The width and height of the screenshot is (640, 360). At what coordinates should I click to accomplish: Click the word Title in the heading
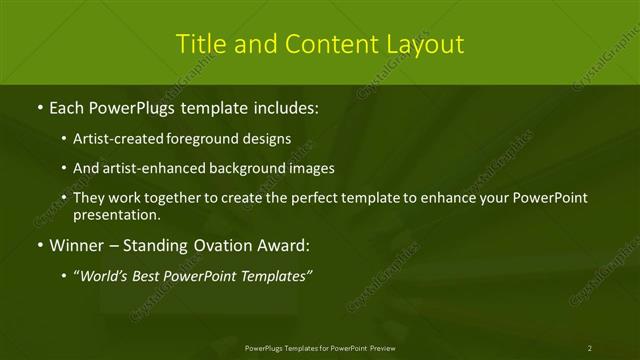[198, 44]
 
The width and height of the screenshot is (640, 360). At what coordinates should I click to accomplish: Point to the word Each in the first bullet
[66, 106]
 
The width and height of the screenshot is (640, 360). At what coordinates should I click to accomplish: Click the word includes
[284, 106]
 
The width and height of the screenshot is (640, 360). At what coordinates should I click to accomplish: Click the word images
[307, 168]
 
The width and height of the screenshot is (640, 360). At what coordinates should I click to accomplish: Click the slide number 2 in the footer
[590, 347]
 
